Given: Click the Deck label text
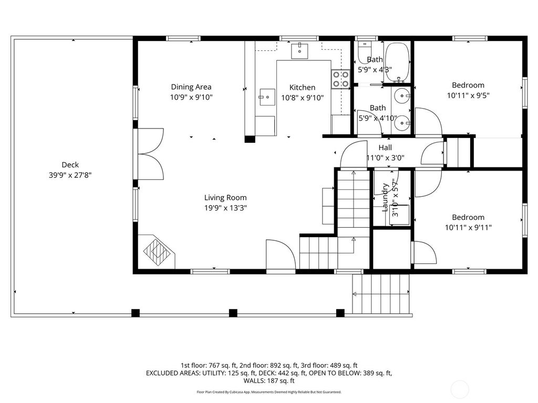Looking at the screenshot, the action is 70,165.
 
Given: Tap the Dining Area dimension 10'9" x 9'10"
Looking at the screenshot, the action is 191,97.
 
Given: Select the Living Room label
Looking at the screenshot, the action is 225,198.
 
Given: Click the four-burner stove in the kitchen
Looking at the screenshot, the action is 340,79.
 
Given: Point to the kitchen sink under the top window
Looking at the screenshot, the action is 299,51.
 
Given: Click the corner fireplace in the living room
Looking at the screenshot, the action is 157,252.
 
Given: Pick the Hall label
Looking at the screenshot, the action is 385,147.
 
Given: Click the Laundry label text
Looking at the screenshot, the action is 385,197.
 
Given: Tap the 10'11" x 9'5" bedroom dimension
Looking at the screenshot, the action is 468,96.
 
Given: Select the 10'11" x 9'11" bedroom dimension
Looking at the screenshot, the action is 468,228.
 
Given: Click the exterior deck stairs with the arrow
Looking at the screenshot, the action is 381,294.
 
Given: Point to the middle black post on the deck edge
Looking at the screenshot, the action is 233,313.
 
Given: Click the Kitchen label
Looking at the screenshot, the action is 302,88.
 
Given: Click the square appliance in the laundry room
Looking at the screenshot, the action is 399,215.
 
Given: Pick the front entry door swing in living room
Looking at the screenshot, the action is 281,254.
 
